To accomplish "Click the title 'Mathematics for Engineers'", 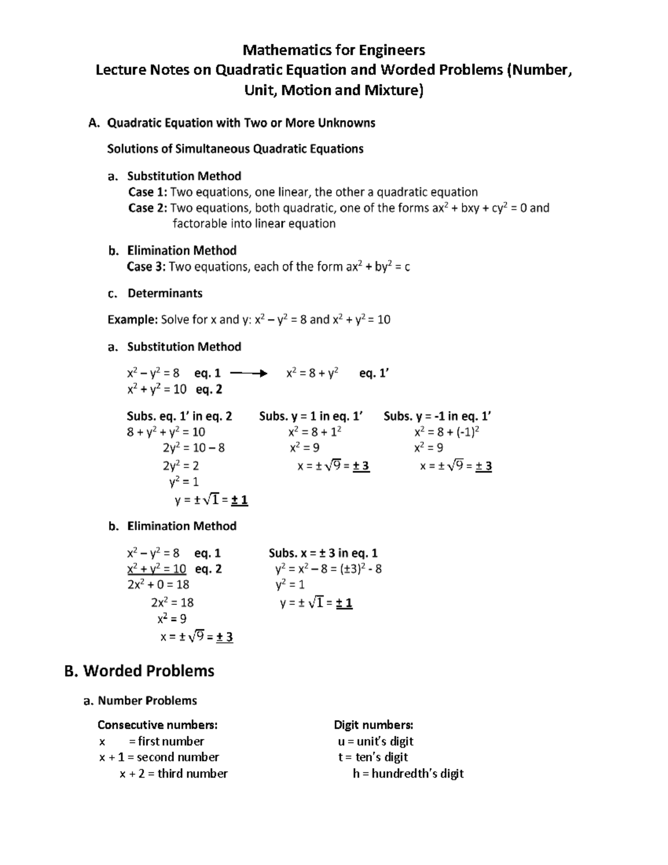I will click(333, 50).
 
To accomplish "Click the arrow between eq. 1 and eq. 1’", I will click(248, 373).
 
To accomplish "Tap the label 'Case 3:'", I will click(146, 267).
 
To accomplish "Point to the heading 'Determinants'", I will click(165, 293).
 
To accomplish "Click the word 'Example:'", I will click(132, 320).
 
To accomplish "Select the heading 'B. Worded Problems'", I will click(139, 671).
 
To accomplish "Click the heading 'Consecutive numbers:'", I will click(158, 725).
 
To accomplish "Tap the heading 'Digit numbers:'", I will click(373, 725).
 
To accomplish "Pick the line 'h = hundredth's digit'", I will click(408, 773).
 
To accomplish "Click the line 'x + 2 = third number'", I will click(173, 773).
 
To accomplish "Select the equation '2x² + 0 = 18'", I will click(158, 584).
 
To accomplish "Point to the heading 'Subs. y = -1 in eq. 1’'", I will click(437, 416).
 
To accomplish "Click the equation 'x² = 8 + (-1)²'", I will click(447, 432).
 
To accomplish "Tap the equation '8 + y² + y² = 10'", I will click(166, 432).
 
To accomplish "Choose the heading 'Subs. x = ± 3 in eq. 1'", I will click(323, 553).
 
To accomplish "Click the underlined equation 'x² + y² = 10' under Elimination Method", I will click(156, 569).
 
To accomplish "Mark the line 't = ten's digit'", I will click(372, 757).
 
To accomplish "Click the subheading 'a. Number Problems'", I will click(140, 700).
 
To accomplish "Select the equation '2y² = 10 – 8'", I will click(193, 448).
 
